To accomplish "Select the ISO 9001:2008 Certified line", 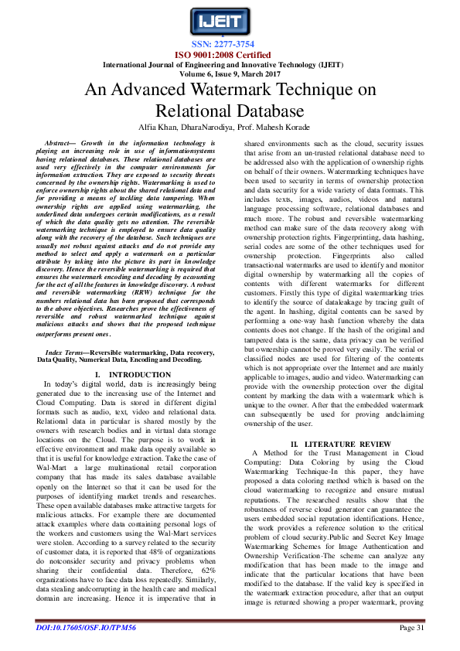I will click(x=230, y=56).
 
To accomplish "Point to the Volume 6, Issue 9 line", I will click(x=230, y=74).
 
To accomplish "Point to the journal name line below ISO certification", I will click(x=230, y=65).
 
